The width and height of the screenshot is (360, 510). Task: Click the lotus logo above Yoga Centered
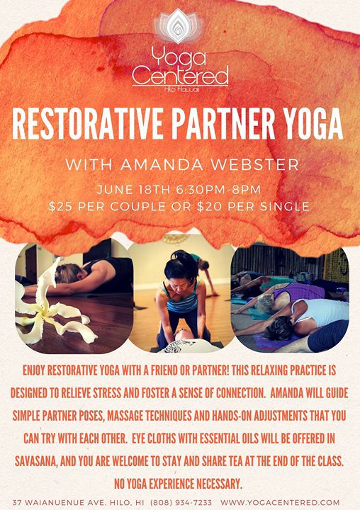tap(179, 26)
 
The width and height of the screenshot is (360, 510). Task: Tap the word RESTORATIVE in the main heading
tap(87, 123)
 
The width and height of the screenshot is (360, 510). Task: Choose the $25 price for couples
tap(59, 207)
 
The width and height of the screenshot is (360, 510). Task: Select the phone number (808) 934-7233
tap(181, 502)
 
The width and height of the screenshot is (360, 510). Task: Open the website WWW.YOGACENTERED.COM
tap(280, 502)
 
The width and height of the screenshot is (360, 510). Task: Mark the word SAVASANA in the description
tap(36, 461)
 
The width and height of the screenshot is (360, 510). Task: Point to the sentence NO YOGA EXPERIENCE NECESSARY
tap(179, 484)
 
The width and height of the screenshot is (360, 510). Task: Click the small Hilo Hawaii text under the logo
tap(180, 89)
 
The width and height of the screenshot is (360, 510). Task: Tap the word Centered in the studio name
tap(180, 76)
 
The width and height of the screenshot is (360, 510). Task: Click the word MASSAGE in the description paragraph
tap(125, 416)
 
